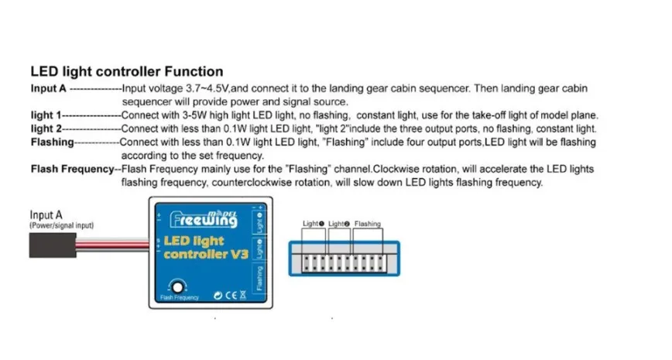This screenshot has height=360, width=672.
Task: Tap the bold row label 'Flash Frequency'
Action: click(72, 169)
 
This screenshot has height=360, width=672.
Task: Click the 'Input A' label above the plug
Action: click(46, 215)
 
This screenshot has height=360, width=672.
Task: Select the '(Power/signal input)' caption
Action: click(62, 225)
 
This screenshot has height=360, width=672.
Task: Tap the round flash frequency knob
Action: click(179, 285)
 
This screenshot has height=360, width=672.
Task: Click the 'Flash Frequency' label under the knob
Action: click(180, 297)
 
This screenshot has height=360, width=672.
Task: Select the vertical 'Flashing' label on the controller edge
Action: click(259, 279)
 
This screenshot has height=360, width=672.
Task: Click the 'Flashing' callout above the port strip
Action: click(368, 224)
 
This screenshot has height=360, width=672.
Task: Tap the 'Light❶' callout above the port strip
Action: click(314, 224)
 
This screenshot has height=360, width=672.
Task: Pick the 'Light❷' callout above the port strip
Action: click(339, 224)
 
